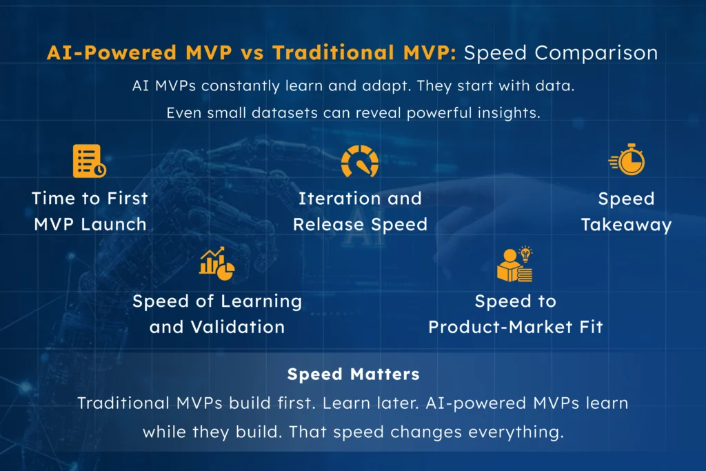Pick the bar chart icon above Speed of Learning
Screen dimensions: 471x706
coord(216,262)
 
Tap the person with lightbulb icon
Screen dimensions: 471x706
coord(515,263)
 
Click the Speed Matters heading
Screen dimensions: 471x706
coord(353,374)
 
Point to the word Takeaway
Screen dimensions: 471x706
coord(626,225)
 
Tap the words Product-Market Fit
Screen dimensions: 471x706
coord(515,327)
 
